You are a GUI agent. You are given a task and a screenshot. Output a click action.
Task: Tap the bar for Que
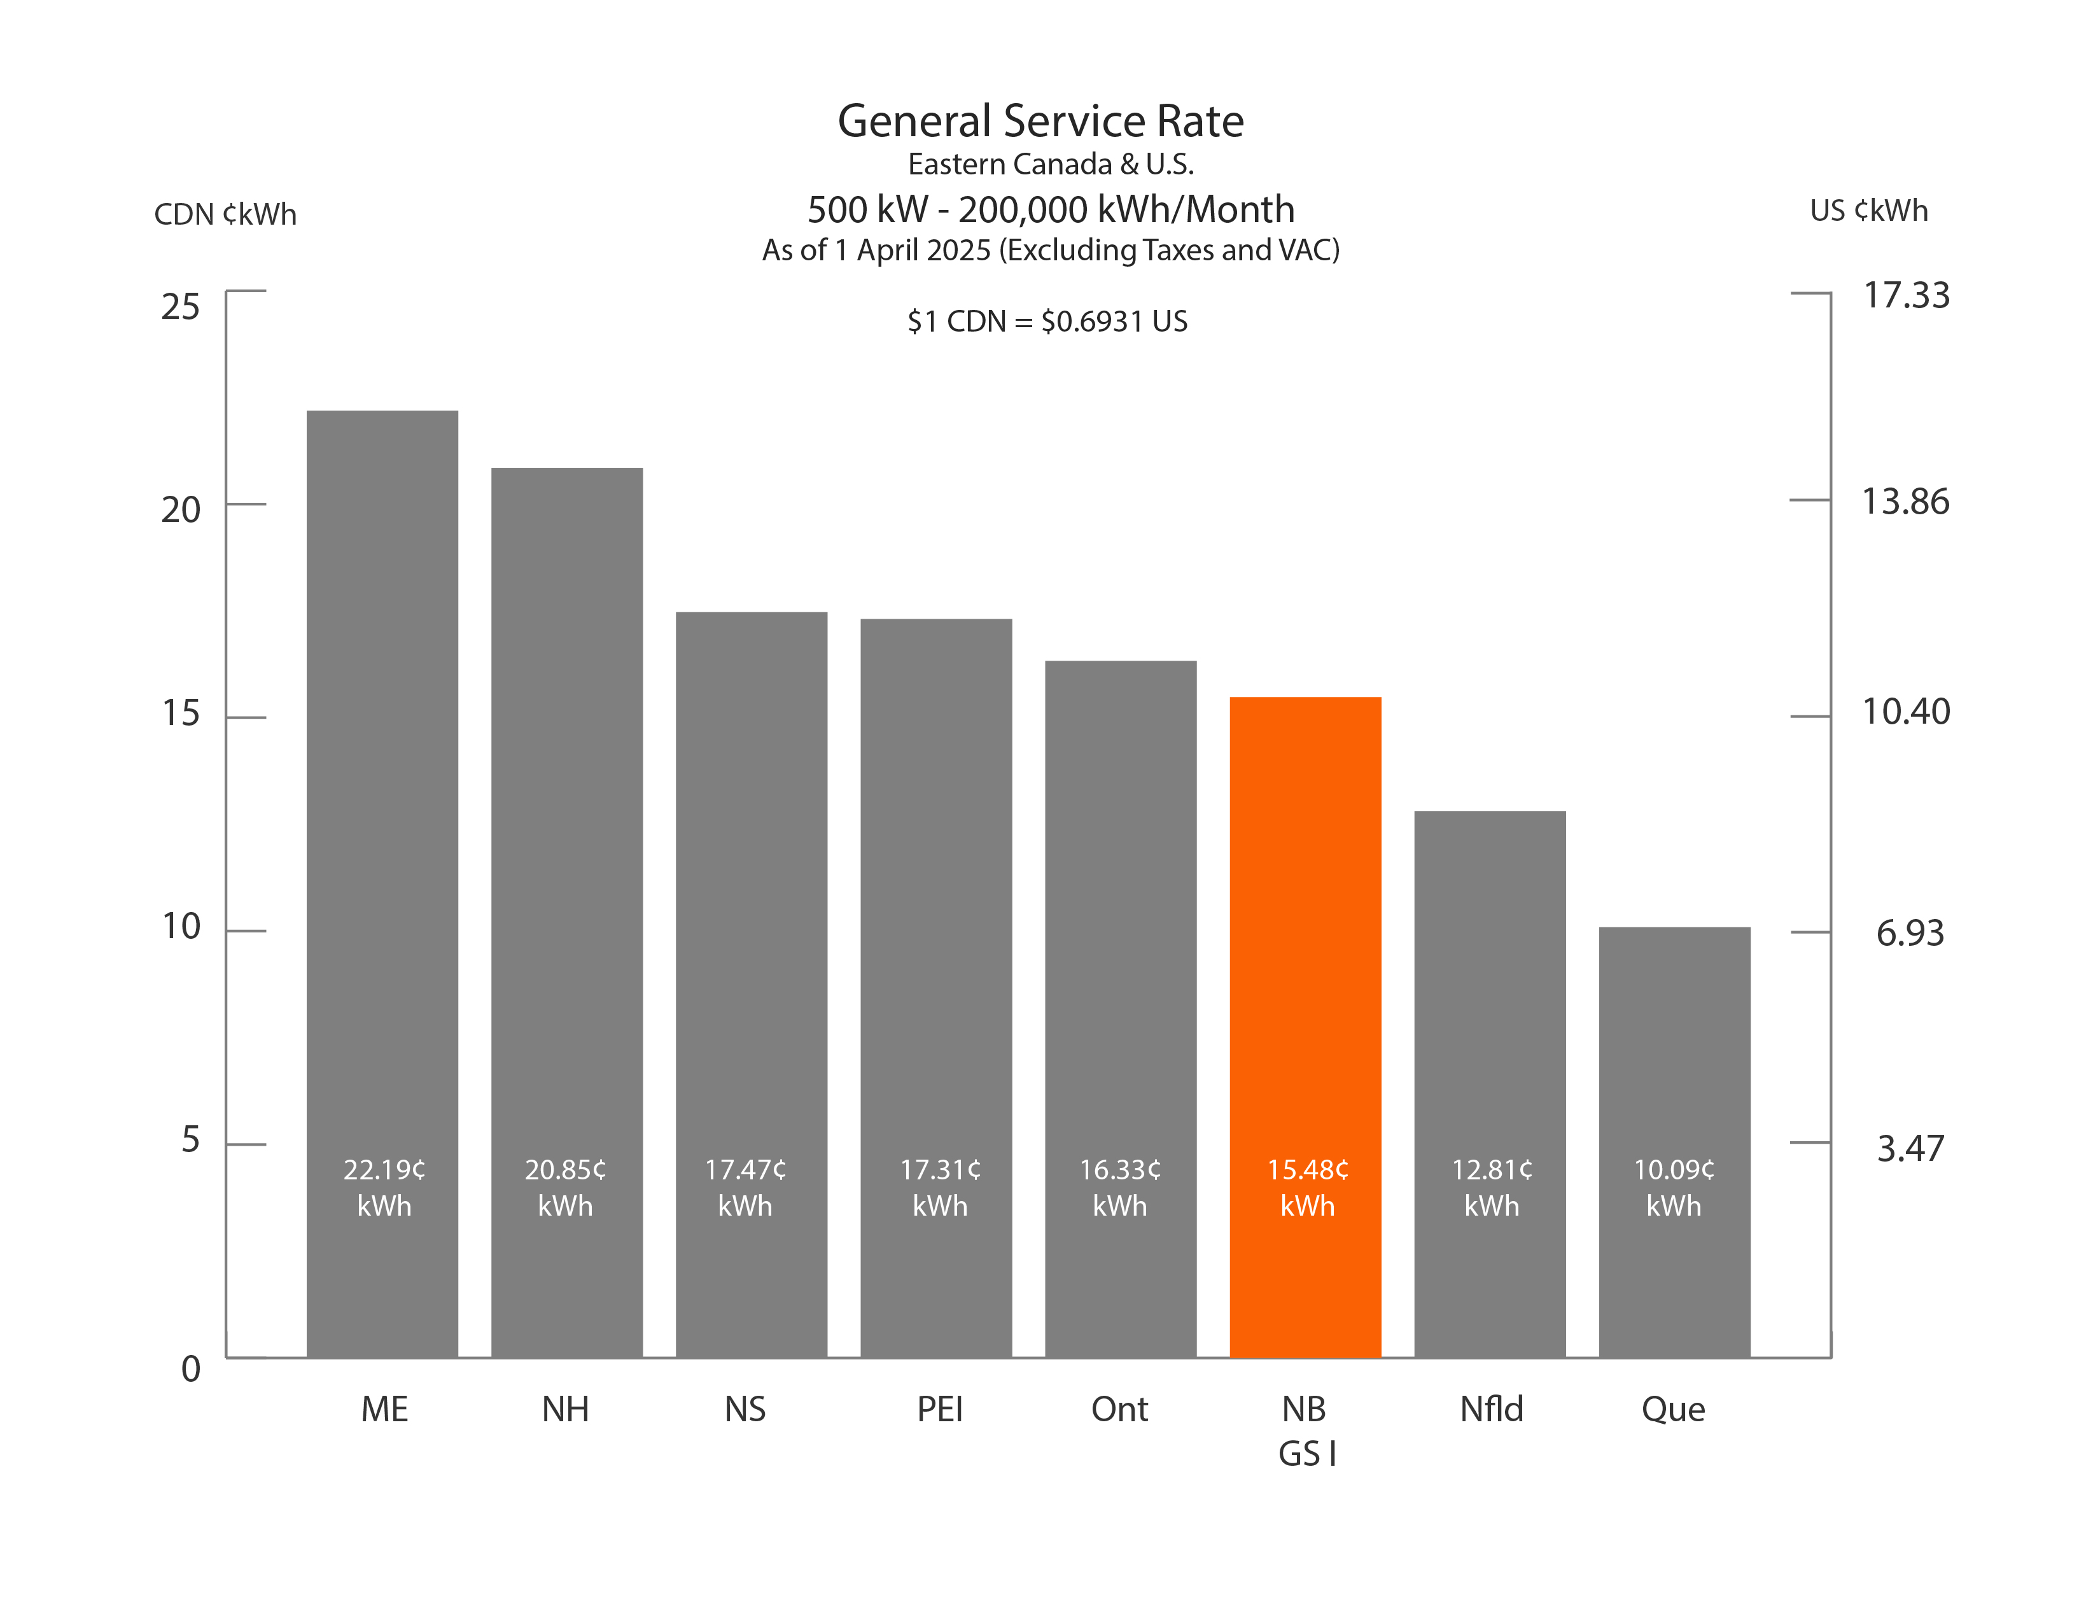(1674, 1058)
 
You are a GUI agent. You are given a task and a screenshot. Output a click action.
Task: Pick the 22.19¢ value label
(384, 1170)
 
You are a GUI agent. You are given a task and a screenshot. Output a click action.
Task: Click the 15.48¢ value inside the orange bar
(1306, 1170)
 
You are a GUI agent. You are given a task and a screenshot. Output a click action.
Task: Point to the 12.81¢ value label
(1492, 1170)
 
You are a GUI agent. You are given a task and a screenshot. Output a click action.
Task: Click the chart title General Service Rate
(1040, 121)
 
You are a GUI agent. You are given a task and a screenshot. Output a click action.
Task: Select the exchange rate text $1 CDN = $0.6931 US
(1047, 321)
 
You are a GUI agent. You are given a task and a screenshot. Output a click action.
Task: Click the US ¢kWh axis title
(1868, 211)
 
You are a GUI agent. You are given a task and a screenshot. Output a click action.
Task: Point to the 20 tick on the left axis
(181, 510)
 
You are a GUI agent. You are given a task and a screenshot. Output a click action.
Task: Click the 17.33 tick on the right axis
(1906, 295)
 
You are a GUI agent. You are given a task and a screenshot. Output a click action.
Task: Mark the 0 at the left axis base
(190, 1368)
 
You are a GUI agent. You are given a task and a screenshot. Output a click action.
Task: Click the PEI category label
(939, 1410)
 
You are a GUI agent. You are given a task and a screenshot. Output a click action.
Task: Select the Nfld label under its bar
(1492, 1410)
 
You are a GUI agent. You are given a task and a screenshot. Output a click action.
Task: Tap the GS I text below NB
(1306, 1454)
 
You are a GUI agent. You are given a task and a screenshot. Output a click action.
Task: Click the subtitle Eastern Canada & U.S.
(1050, 164)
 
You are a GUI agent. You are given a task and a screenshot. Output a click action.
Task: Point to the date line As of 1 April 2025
(1050, 250)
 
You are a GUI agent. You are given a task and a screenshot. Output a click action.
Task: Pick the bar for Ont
(1120, 962)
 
